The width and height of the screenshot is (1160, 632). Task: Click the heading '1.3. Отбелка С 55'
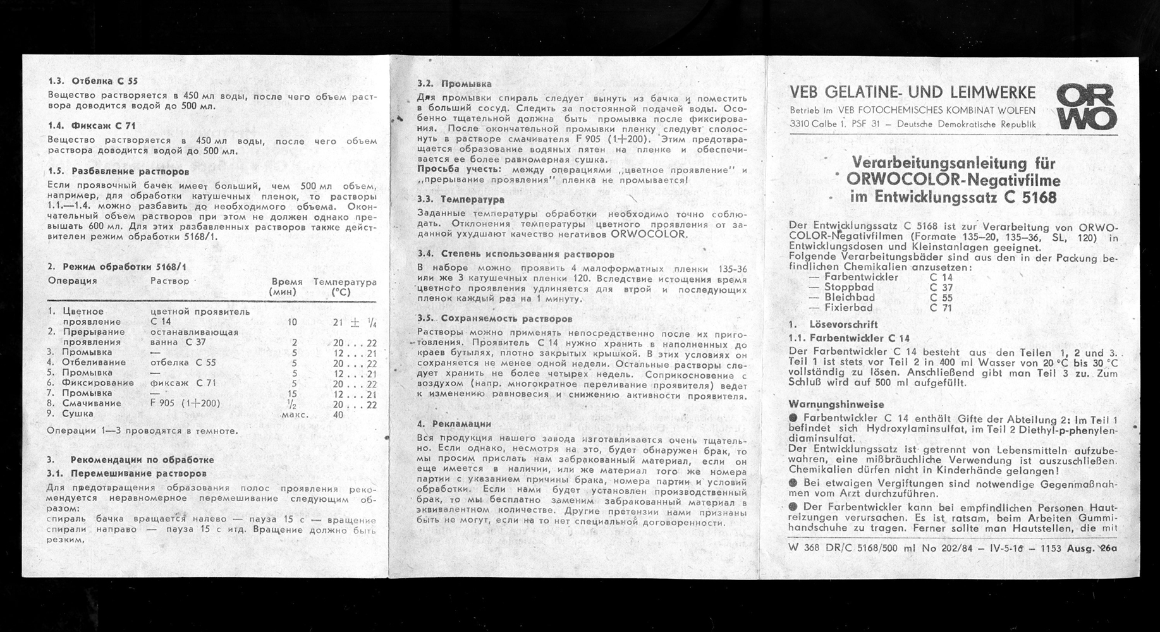click(x=92, y=82)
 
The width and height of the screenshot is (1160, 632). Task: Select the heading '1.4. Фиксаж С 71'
click(x=91, y=126)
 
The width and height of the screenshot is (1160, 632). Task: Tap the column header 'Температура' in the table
click(x=345, y=282)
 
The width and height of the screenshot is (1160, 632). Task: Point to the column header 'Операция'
click(x=72, y=281)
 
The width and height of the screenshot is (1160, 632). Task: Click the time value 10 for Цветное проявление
click(x=291, y=322)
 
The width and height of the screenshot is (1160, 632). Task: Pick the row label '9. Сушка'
click(x=70, y=414)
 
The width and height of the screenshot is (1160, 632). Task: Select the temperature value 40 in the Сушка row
click(x=338, y=415)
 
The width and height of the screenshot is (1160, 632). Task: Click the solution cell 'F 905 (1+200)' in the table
click(x=185, y=403)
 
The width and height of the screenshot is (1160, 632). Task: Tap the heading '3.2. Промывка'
click(x=454, y=83)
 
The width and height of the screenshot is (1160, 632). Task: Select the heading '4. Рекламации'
click(x=454, y=424)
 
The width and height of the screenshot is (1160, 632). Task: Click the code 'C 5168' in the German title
click(x=1029, y=198)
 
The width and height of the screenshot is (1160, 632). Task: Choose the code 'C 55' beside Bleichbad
click(x=941, y=298)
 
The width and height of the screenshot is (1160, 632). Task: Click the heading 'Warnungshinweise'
click(x=836, y=404)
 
